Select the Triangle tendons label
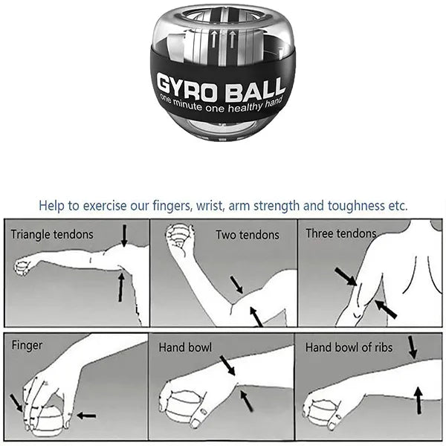click(x=52, y=235)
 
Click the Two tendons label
click(x=248, y=235)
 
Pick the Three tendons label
click(x=341, y=233)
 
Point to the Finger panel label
click(x=27, y=346)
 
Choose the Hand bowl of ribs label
click(x=349, y=348)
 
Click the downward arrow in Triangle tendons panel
click(x=124, y=236)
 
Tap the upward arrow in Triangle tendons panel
click(x=121, y=287)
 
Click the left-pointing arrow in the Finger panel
click(x=86, y=416)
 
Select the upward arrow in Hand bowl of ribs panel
click(x=418, y=401)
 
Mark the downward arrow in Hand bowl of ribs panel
click(x=413, y=347)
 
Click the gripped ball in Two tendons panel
click(x=178, y=236)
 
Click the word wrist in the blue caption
click(x=210, y=206)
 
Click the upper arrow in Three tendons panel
click(x=346, y=277)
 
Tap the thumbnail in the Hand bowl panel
click(x=204, y=412)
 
